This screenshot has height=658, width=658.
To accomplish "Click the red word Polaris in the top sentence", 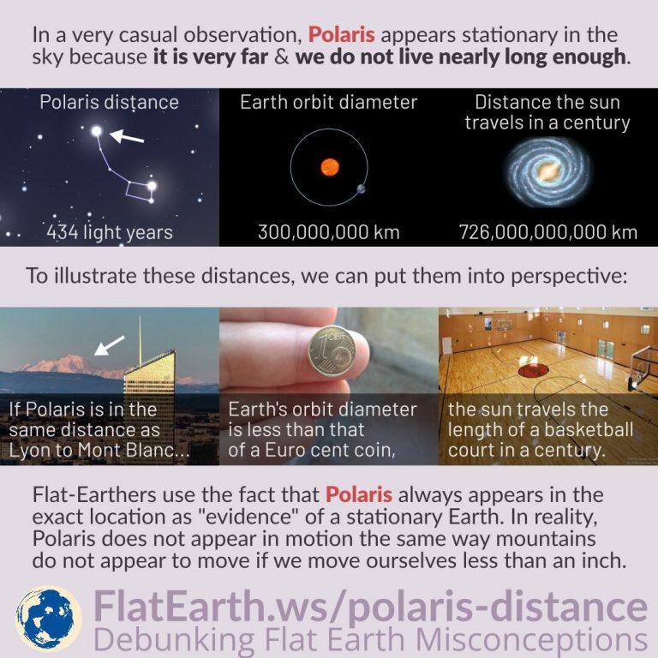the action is tap(342, 35).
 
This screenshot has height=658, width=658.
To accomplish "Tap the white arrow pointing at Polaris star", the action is tap(127, 136).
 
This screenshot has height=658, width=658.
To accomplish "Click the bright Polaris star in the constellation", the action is tap(97, 131).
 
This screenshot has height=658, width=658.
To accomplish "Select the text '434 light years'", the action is tap(110, 232).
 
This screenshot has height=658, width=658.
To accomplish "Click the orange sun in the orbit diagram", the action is tap(329, 167).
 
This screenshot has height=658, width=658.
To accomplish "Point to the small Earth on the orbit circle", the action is tap(361, 188).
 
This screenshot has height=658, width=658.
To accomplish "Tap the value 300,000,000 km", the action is tap(329, 232).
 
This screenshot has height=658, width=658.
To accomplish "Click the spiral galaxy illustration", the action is tap(547, 172).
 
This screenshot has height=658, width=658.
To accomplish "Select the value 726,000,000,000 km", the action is tap(548, 232).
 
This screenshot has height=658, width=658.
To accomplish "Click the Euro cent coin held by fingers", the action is tap(332, 351).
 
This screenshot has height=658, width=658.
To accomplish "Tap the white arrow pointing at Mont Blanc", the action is tap(109, 345).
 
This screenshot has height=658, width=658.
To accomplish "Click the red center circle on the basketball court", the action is tap(533, 370).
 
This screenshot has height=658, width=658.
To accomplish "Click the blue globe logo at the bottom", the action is tap(48, 619).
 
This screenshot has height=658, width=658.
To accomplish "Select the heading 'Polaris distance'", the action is tap(109, 103).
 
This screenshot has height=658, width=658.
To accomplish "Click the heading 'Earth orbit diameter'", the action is tap(329, 103).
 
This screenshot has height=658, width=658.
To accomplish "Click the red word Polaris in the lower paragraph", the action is tap(359, 494).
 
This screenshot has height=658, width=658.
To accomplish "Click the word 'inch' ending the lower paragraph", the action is tap(607, 560).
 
